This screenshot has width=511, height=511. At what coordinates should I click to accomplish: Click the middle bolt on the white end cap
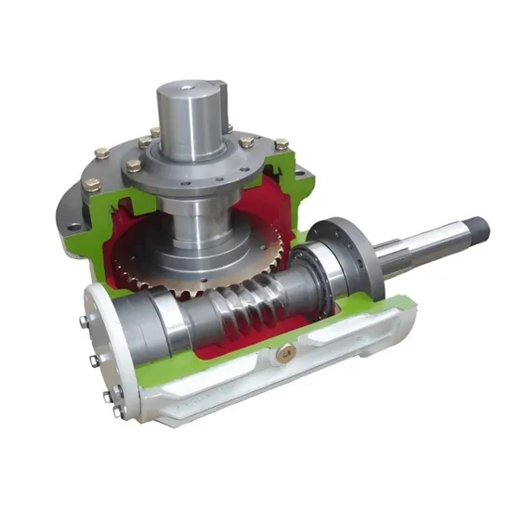(x=96, y=363)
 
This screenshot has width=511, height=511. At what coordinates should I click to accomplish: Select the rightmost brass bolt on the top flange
(x=281, y=145)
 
